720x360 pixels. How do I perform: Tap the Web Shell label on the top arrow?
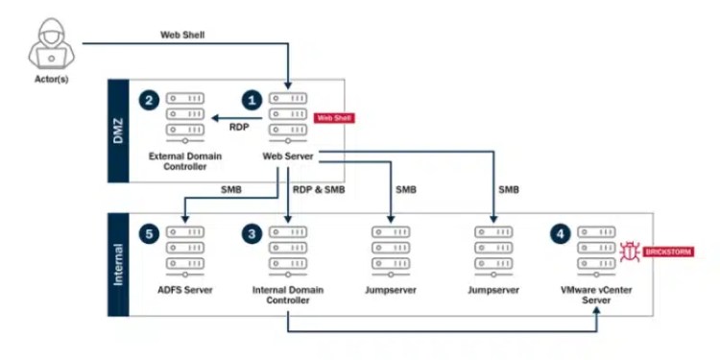pos(180,35)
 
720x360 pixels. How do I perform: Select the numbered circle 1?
pos(253,99)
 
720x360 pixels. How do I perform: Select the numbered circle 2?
pos(148,99)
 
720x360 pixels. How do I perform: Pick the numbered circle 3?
pos(253,232)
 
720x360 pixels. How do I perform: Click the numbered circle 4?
pos(561,232)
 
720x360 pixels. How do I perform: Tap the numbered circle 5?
pos(148,232)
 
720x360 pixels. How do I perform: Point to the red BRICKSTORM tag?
pos(669,252)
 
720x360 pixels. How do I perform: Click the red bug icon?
pos(631,252)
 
